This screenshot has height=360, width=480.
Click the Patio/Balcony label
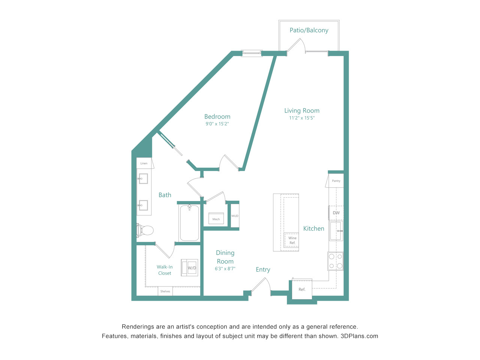[x=309, y=30]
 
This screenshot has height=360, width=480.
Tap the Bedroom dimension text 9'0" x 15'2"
[x=217, y=124]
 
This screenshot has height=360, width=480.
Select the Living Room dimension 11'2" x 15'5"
[x=302, y=118]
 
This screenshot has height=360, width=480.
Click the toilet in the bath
[x=145, y=230]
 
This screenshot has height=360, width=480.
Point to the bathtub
[x=189, y=223]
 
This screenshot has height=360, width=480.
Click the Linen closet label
[x=144, y=163]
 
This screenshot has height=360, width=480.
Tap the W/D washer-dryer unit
[x=189, y=267]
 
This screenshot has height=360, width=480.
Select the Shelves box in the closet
[x=165, y=291]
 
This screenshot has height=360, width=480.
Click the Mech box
[x=216, y=218]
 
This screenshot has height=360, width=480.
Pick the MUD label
[x=235, y=216]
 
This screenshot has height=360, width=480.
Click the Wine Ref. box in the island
[x=291, y=240]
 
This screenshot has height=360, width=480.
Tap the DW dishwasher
[x=336, y=213]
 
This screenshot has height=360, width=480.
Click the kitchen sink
[x=336, y=231]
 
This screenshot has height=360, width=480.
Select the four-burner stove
[x=336, y=261]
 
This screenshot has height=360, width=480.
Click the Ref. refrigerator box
[x=302, y=289]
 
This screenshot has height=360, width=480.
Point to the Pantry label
[x=336, y=181]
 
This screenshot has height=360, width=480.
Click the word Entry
[x=263, y=270]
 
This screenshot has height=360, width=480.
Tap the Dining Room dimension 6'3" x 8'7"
[x=225, y=268]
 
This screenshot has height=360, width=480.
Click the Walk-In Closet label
[x=165, y=270]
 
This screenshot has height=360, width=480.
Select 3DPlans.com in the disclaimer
[x=359, y=336]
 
